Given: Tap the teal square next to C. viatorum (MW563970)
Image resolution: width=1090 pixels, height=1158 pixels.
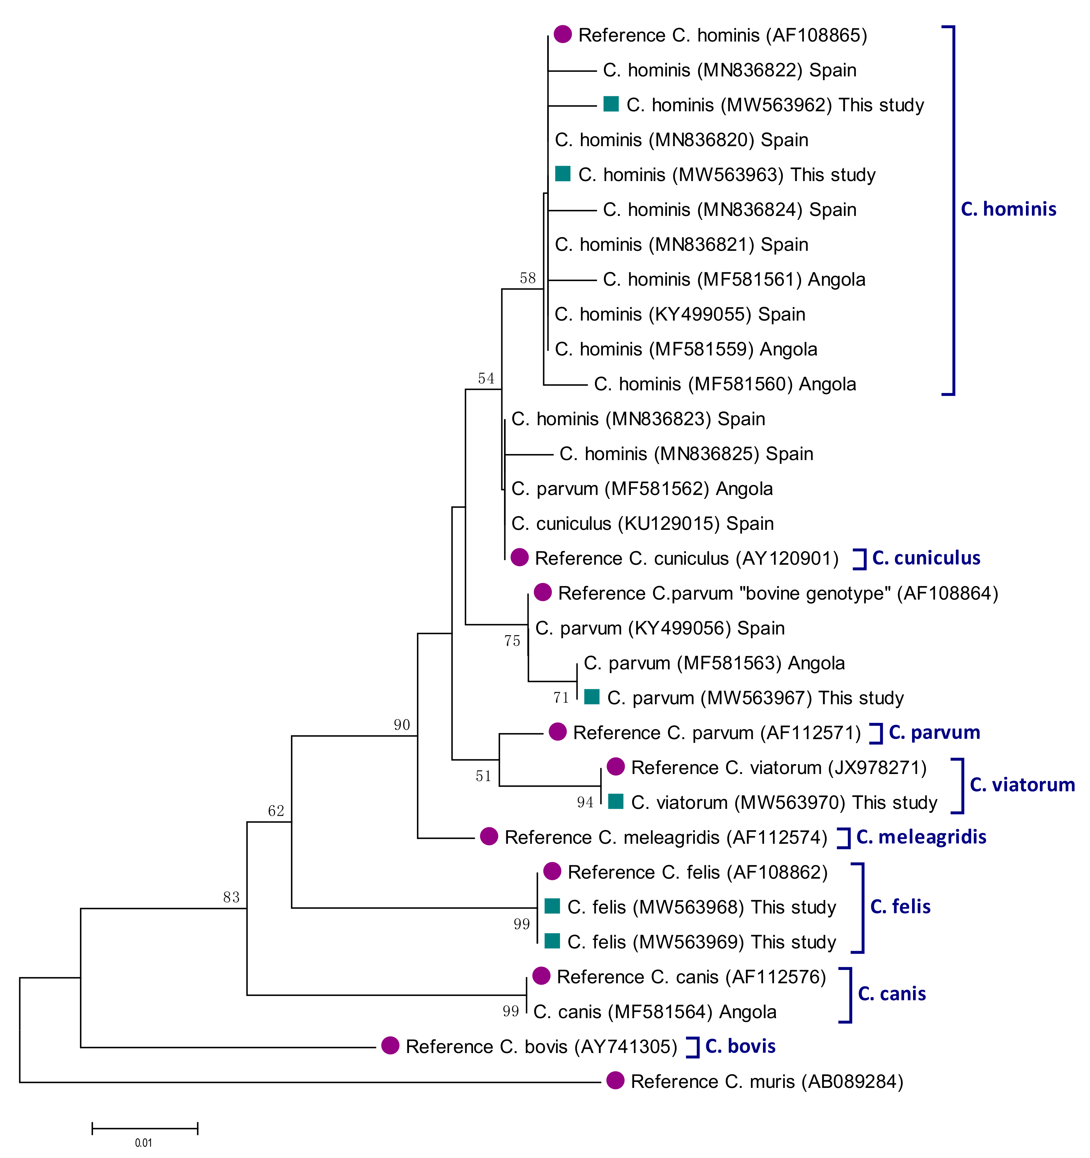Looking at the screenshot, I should (616, 802).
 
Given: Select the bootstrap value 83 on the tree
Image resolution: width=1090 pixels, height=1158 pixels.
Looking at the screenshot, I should (231, 897).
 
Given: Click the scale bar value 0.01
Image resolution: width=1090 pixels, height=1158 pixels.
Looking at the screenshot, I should (143, 1143).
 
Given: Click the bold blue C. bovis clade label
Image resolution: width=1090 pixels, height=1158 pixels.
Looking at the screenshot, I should (740, 1046).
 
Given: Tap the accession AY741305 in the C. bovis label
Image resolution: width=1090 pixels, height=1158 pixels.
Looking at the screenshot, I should (626, 1047).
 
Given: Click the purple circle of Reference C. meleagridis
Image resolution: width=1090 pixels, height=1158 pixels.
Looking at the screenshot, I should (489, 836).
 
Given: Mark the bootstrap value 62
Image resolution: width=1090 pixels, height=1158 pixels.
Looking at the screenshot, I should (276, 811).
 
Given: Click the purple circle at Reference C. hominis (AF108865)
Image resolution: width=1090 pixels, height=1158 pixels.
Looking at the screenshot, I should (562, 34).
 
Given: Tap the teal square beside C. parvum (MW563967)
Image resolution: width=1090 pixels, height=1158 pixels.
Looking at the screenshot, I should (592, 697).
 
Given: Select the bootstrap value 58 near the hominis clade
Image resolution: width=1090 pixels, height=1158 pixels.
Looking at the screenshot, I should (528, 278).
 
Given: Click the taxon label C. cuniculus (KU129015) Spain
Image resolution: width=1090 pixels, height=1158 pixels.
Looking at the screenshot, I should (642, 524).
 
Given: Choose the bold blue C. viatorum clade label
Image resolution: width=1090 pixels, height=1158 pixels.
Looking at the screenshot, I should (1022, 785).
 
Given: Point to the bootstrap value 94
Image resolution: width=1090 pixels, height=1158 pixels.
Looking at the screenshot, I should (585, 803).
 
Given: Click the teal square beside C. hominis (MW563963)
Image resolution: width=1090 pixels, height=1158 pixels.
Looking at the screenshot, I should (562, 174).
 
